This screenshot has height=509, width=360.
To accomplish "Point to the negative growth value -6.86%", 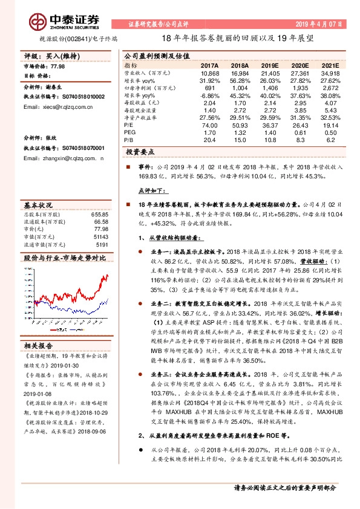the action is click(209, 96).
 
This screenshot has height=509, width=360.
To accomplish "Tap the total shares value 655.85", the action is click(100, 215).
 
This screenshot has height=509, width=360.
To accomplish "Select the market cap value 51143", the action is click(101, 238).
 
